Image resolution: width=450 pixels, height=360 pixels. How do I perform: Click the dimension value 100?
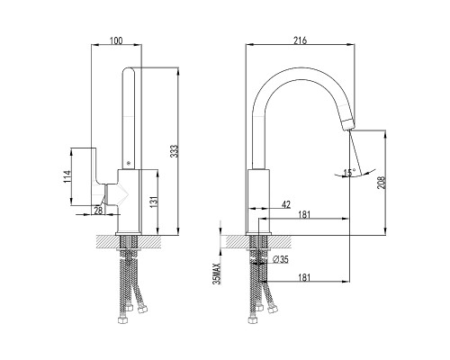(116, 40)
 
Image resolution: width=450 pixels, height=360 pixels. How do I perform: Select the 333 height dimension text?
(175, 151)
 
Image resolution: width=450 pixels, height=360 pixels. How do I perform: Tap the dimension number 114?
(67, 176)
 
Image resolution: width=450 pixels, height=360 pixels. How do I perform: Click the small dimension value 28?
(98, 211)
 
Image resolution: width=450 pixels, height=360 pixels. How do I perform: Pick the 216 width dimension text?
(300, 40)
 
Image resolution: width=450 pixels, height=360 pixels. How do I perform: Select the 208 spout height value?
(382, 183)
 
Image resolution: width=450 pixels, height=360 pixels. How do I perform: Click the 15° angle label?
(349, 173)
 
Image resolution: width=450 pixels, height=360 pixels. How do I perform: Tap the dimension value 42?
(286, 204)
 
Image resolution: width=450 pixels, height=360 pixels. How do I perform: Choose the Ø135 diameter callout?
(281, 259)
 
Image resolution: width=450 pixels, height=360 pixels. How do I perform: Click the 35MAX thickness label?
(216, 274)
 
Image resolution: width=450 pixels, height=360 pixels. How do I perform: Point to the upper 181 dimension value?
(304, 214)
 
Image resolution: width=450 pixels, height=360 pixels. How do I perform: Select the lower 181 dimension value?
(304, 277)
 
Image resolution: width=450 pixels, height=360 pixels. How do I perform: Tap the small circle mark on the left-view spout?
(129, 163)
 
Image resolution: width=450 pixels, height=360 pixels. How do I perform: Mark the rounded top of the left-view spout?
(129, 69)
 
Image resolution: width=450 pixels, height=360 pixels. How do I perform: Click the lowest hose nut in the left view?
(121, 320)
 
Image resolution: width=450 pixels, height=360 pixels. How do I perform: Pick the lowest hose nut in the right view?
(253, 320)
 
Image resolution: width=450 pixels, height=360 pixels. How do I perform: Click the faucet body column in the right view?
(258, 201)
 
